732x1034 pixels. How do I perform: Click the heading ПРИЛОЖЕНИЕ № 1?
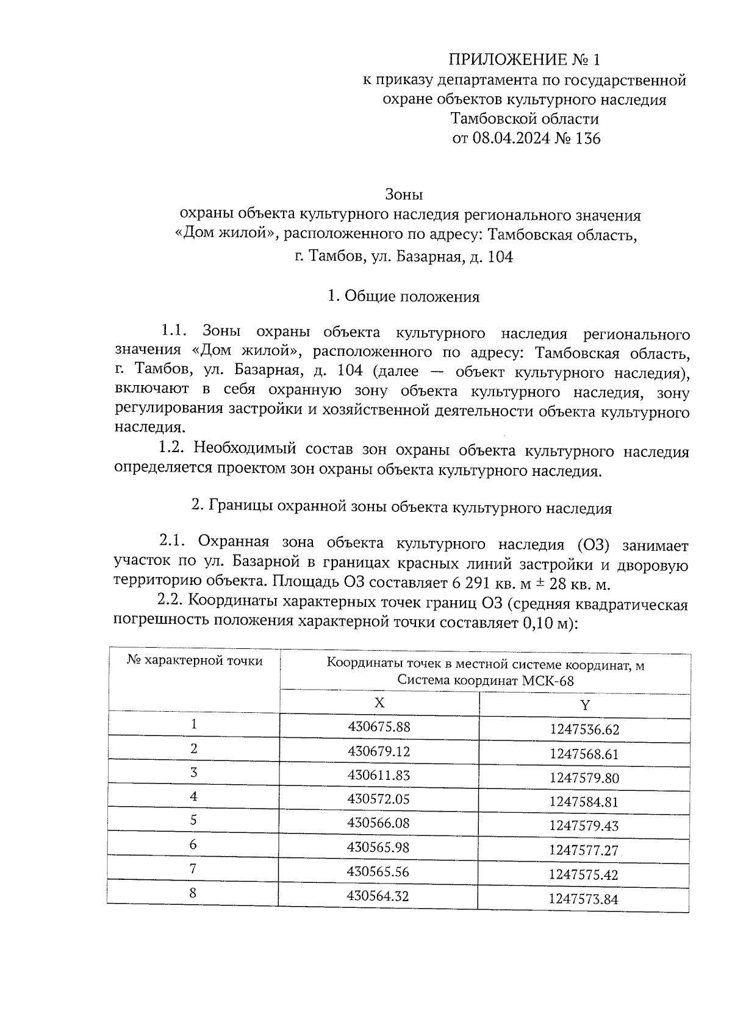pos(524,60)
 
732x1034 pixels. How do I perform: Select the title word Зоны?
pos(404,195)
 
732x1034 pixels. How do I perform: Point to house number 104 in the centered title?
pos(500,257)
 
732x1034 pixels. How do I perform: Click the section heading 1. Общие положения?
pos(403,297)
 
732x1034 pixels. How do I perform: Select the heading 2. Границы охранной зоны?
pos(401,508)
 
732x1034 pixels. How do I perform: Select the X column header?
pos(379,703)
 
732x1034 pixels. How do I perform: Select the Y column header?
pos(584,706)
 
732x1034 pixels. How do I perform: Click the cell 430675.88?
pos(379,727)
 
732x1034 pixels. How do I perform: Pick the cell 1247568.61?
pos(584,754)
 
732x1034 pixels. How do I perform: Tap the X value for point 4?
pos(379,799)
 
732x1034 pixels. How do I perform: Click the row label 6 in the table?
pos(193,845)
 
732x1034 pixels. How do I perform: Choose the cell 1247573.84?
pos(583,899)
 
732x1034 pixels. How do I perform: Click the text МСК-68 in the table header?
pos(548,681)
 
